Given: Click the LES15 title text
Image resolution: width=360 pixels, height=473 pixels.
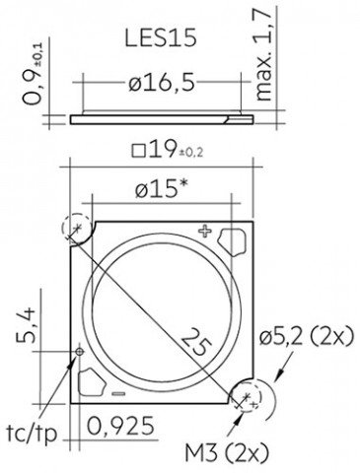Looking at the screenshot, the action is [x=161, y=37].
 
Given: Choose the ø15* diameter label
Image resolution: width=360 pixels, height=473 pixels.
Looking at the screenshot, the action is [x=161, y=189].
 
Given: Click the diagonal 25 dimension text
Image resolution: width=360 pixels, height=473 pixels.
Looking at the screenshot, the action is [x=196, y=343].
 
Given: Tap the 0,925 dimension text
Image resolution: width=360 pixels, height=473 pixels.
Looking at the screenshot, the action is [x=120, y=426].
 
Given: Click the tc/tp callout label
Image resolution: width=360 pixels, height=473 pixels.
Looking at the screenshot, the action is [x=32, y=434].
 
